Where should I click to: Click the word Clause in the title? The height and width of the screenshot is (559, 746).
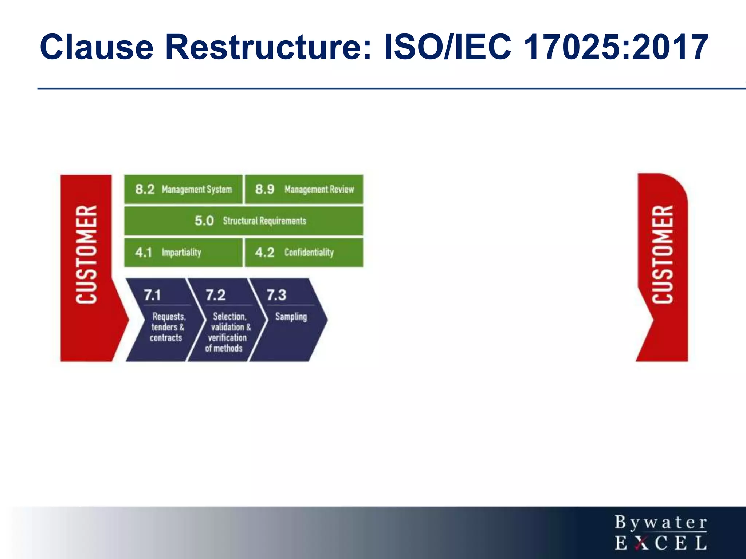97,47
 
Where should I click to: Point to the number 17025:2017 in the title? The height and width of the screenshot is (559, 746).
616,47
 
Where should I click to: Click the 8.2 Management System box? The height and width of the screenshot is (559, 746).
183,189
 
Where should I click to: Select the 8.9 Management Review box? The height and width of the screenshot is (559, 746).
304,189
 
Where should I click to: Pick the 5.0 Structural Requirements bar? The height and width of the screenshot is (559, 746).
244,221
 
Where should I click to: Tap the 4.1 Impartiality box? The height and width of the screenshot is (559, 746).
183,253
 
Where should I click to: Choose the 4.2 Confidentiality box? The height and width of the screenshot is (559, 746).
304,253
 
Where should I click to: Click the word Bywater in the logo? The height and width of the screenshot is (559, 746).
661,523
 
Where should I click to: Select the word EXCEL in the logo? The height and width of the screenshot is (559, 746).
661,543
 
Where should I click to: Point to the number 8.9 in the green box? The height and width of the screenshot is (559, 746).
264,189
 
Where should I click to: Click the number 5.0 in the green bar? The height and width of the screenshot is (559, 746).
204,221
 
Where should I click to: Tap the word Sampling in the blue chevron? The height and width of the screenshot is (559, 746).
291,317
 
